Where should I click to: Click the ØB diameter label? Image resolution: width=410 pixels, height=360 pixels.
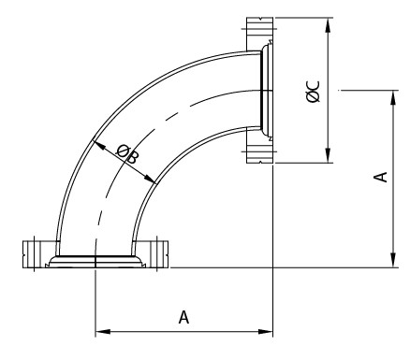tap(126, 153)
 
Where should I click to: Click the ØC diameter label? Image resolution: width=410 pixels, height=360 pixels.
tap(314, 92)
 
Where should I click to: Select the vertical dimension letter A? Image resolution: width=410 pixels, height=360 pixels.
tap(381, 177)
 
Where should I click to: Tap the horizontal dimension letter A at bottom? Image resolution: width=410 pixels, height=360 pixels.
tap(184, 317)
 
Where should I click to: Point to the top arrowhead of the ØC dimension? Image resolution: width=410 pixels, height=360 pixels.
tap(328, 25)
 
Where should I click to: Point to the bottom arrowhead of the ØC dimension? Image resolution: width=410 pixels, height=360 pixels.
tap(328, 155)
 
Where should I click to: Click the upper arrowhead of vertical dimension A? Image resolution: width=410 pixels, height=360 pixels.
tap(394, 97)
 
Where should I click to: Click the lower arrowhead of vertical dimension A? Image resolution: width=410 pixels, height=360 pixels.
tap(394, 260)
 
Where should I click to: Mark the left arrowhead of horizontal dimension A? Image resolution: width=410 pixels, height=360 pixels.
tap(103, 331)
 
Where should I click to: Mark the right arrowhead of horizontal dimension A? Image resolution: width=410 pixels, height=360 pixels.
tap(266, 331)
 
